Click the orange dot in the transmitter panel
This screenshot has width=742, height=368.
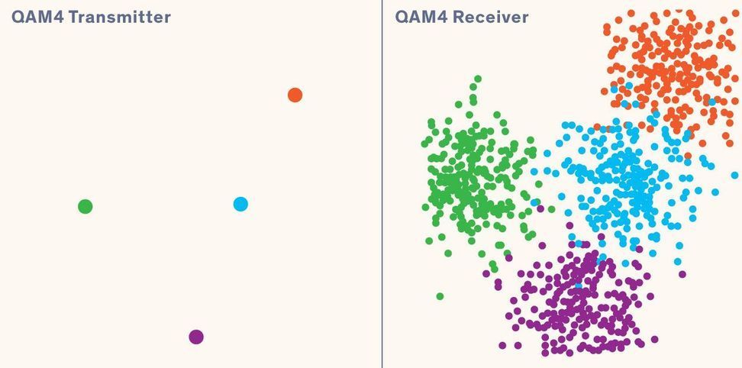(x=295, y=95)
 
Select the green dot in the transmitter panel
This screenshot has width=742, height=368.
(x=85, y=206)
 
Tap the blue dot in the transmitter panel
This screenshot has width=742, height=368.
(x=240, y=204)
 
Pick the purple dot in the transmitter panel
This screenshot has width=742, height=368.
(x=196, y=337)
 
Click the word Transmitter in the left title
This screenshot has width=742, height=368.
(x=120, y=17)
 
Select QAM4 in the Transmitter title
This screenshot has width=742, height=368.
(x=37, y=17)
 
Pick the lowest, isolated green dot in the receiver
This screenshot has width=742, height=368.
(x=440, y=296)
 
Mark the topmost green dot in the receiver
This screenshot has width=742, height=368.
(x=478, y=79)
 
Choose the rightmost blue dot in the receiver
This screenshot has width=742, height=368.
(x=734, y=175)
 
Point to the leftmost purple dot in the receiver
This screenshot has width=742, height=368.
(x=486, y=273)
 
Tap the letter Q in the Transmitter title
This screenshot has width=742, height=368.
(x=18, y=17)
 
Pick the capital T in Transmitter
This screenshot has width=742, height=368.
(x=73, y=17)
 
